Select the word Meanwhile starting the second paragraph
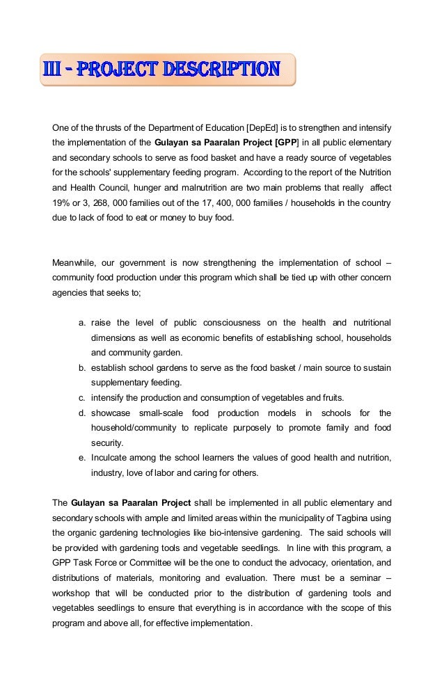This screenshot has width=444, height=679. coord(74,262)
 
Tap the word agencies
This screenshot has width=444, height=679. coord(72,292)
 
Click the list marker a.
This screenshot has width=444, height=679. coord(81,322)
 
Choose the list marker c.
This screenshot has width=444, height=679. coord(81,397)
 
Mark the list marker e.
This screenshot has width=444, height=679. coord(81,457)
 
